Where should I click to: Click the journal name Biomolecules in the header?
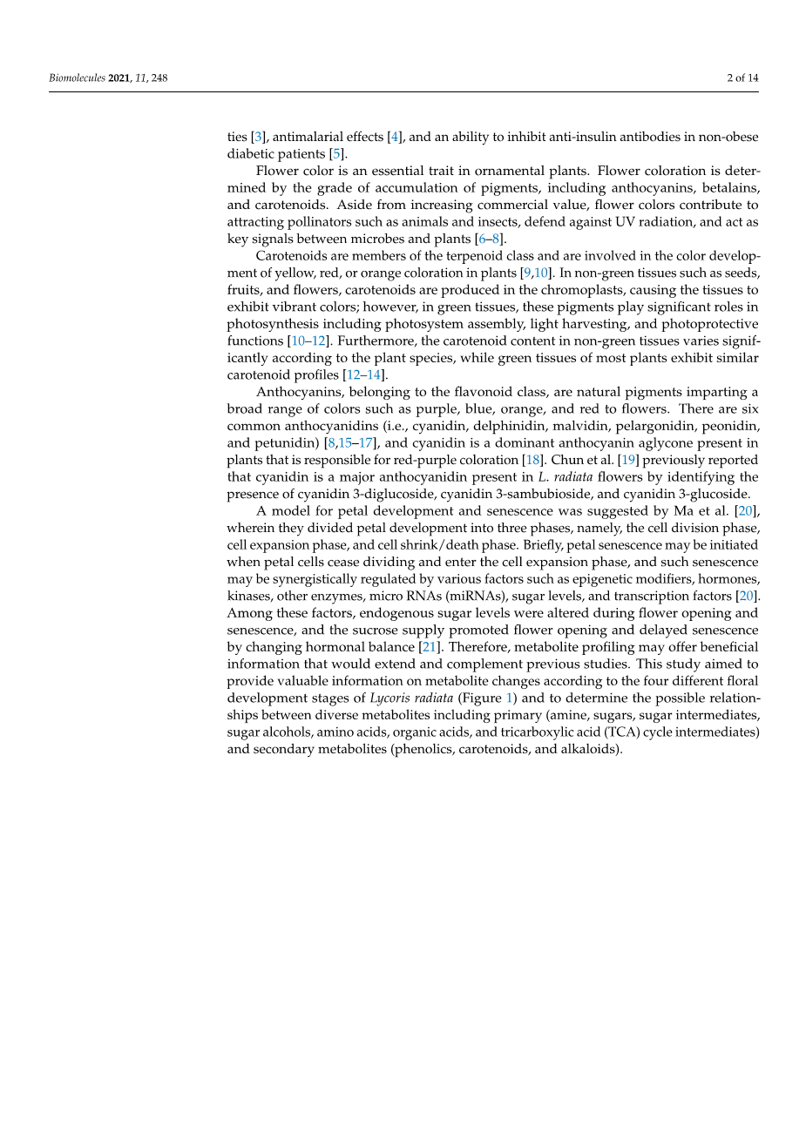(x=77, y=78)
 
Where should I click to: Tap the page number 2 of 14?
(x=742, y=78)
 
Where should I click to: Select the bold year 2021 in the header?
(x=119, y=78)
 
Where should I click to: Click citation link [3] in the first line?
(x=258, y=137)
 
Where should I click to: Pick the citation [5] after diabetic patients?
(x=336, y=154)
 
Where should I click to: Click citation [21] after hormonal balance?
(x=429, y=647)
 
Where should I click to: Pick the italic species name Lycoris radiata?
(x=411, y=698)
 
